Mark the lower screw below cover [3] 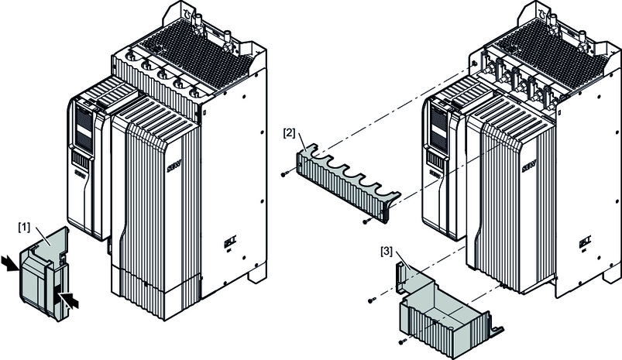[403, 341]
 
